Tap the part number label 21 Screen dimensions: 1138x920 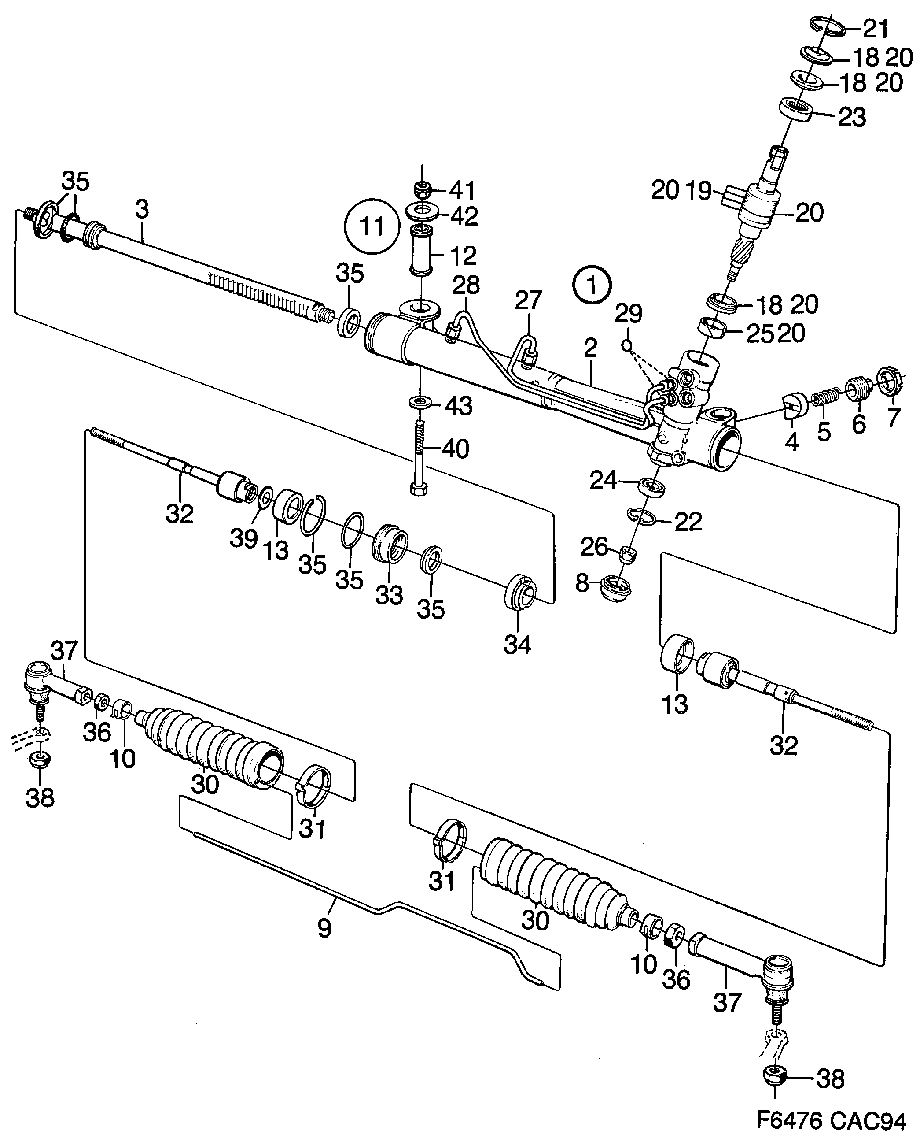click(876, 29)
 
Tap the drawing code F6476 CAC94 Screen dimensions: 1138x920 click(831, 1120)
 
